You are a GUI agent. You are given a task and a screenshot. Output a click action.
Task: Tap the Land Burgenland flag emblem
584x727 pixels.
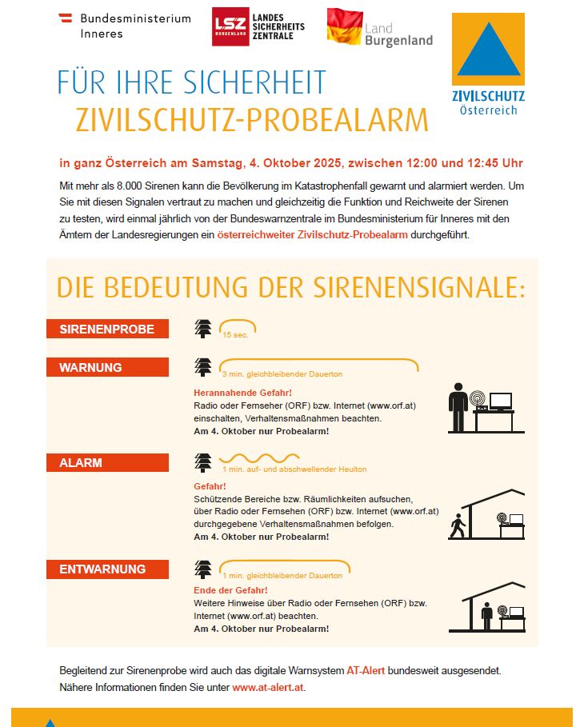click(344, 26)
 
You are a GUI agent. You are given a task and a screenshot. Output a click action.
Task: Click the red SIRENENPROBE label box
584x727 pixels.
click(107, 329)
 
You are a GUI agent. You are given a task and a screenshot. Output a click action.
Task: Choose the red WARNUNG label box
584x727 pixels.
click(107, 368)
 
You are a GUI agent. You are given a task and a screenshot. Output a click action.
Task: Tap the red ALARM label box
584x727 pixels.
click(107, 462)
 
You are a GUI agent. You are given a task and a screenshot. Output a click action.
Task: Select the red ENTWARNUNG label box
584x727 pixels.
click(107, 569)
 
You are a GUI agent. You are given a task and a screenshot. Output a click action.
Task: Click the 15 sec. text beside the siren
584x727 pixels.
click(236, 335)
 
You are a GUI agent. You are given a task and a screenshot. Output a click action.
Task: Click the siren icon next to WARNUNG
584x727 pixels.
click(204, 367)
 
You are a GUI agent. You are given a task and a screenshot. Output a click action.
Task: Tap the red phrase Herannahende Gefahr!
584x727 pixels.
click(242, 393)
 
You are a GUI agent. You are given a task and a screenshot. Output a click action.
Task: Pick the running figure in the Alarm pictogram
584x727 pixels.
click(458, 527)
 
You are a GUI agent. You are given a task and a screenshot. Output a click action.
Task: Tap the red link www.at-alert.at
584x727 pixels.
click(268, 687)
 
